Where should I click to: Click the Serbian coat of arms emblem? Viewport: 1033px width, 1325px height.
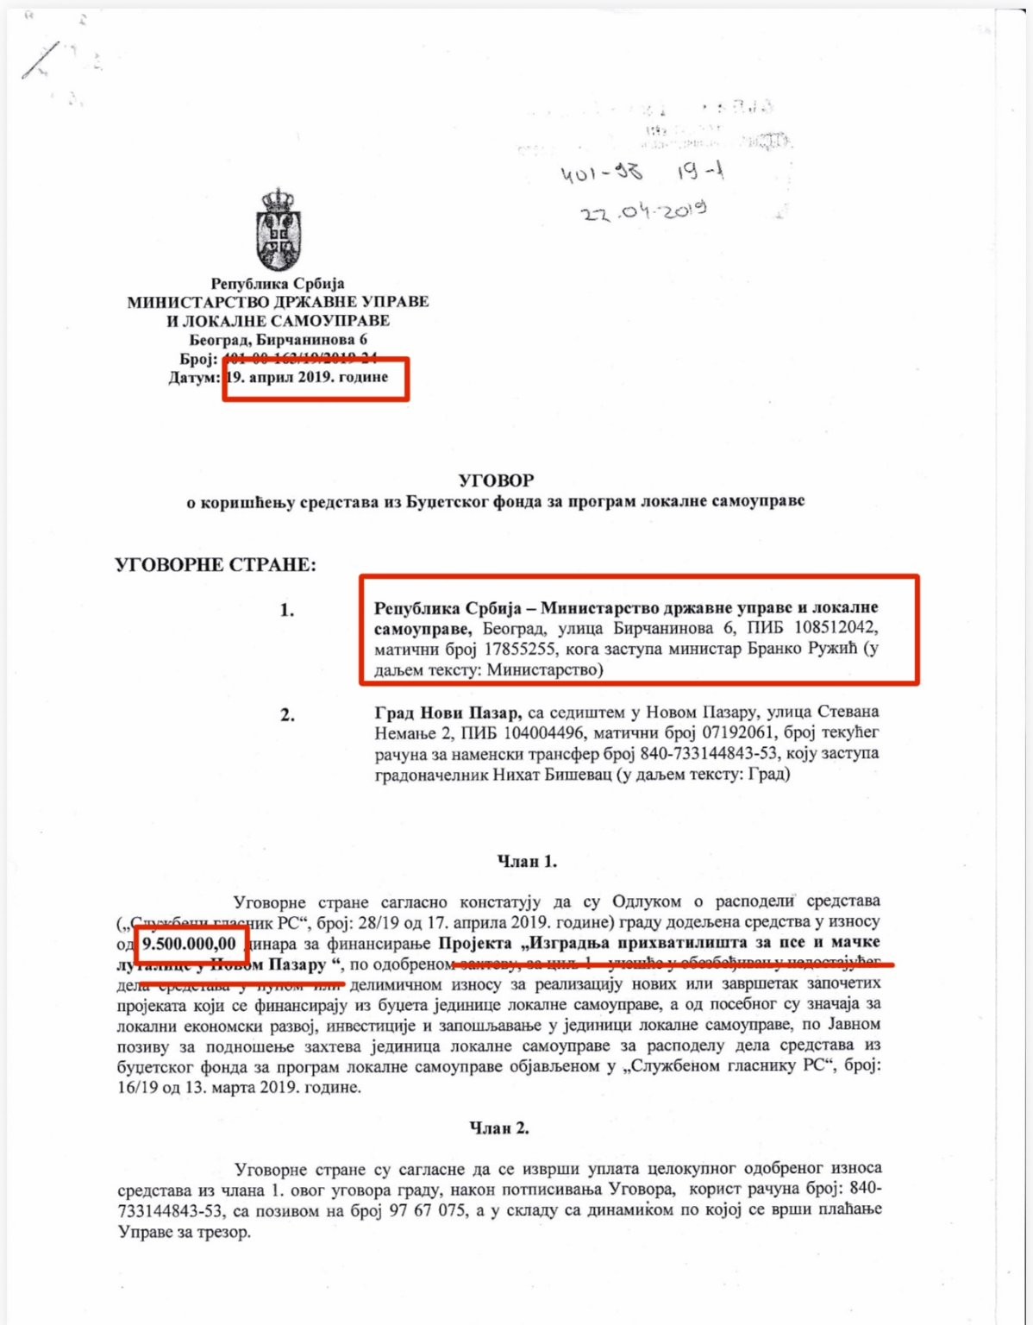278,230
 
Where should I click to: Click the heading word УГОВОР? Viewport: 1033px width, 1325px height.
496,480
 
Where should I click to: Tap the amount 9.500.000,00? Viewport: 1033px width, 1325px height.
189,944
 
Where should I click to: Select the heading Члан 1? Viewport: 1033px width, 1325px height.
527,861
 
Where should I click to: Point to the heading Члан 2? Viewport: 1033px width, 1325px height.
499,1127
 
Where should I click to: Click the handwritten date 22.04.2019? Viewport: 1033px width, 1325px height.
643,210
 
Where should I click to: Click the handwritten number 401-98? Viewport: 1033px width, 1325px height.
602,173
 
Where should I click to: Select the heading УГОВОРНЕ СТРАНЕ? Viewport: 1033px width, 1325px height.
216,565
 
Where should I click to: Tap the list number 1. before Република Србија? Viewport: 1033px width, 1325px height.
287,610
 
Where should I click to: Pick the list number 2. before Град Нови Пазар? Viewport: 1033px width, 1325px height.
287,715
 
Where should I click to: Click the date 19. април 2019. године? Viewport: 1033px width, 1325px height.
307,377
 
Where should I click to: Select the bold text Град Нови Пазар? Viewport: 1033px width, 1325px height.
448,712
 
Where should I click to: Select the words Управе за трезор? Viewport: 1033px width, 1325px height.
184,1232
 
